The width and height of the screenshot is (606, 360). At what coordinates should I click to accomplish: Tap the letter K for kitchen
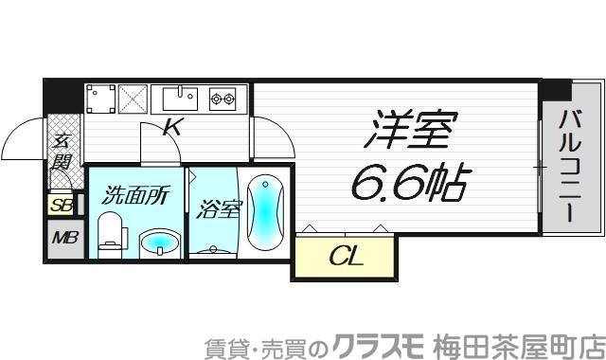pos(172,128)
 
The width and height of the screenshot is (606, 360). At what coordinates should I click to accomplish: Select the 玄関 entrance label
pos(62,152)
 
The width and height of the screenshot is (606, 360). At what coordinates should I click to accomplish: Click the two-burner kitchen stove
pos(223,96)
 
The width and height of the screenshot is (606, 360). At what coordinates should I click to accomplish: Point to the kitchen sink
pos(178,98)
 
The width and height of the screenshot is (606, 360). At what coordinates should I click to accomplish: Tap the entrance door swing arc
pos(21,142)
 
